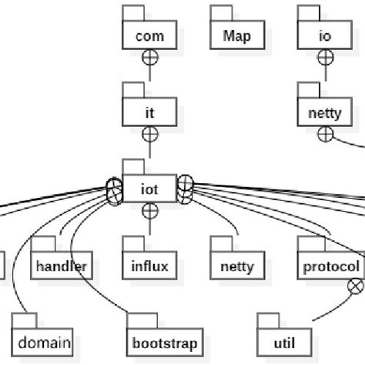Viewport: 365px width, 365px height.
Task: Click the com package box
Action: point(149,35)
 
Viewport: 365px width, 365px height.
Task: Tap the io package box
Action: point(325,35)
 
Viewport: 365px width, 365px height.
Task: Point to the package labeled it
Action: point(149,112)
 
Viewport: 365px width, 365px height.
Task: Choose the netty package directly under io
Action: point(325,112)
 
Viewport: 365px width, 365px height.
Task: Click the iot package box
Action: point(149,189)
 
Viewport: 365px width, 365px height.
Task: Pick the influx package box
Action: point(149,266)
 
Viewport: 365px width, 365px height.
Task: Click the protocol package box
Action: point(331,266)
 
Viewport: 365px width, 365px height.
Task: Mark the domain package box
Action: point(44,342)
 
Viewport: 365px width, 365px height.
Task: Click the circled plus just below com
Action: point(149,56)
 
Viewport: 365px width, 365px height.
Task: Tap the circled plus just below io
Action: point(325,56)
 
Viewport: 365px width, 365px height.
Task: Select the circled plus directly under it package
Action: point(149,133)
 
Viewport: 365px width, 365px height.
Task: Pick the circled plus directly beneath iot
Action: point(149,210)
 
